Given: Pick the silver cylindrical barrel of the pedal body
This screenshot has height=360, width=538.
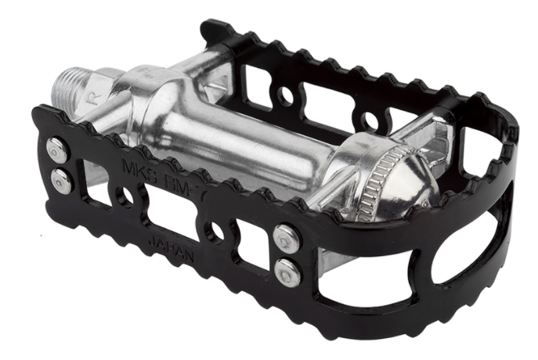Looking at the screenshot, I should click(235, 137).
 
